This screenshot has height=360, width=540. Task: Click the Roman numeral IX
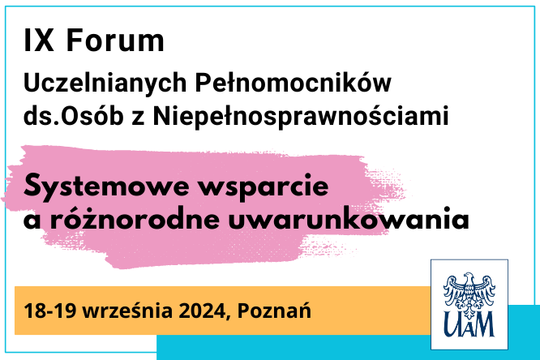[39, 41]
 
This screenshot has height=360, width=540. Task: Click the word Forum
[115, 41]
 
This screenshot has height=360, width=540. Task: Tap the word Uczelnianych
[105, 84]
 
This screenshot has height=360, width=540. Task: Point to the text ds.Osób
[73, 115]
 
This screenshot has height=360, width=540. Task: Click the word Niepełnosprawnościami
[301, 117]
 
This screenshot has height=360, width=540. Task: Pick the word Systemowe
[106, 186]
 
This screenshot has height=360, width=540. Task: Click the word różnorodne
[135, 218]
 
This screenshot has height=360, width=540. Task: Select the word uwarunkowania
[349, 218]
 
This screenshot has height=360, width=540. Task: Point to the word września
[127, 311]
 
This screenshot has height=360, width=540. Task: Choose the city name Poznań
[274, 310]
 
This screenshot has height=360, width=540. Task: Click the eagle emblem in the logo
[469, 293]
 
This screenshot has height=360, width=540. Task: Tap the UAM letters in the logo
[469, 324]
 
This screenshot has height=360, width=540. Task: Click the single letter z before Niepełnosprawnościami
[138, 118]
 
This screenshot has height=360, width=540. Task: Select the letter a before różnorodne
[32, 221]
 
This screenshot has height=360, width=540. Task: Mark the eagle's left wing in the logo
[453, 289]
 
